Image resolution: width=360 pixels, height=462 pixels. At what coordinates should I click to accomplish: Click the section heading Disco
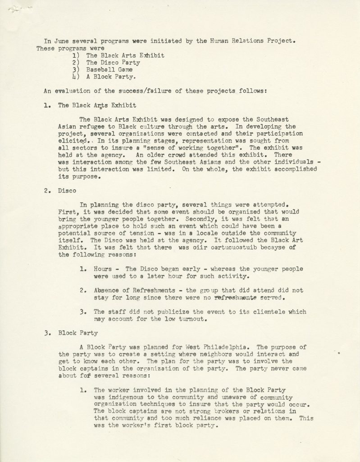pyautogui.click(x=67, y=190)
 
